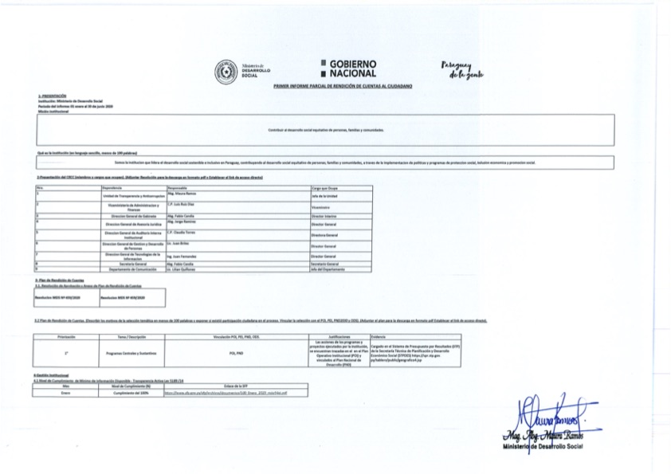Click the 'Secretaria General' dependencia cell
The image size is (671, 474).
tap(122, 263)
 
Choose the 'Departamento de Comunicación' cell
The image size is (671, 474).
tap(122, 268)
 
